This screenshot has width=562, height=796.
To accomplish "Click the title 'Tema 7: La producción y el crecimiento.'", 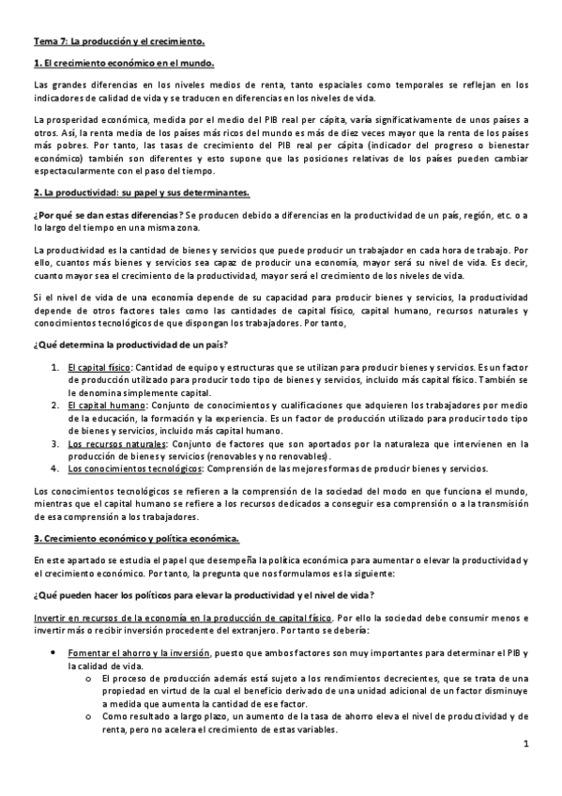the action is click(x=118, y=42).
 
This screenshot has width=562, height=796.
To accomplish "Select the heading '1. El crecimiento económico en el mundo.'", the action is click(x=123, y=63).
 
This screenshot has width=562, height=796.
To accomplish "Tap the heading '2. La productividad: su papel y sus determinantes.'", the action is click(x=141, y=192).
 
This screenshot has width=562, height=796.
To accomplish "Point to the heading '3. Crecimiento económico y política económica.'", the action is click(x=136, y=538).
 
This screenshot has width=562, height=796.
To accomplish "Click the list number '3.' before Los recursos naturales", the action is click(x=54, y=443).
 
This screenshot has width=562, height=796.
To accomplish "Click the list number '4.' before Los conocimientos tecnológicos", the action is click(x=54, y=467).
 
